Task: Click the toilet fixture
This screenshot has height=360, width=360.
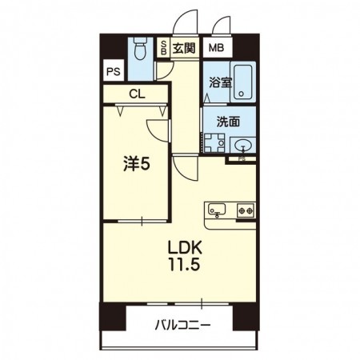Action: click(x=141, y=49)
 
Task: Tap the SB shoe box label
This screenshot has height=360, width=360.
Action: click(x=164, y=47)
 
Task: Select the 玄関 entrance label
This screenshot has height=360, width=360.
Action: click(x=184, y=48)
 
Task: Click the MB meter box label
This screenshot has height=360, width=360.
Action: click(x=216, y=48)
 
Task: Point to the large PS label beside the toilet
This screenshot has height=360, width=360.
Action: click(x=114, y=71)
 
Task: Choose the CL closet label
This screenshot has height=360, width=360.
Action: click(x=137, y=94)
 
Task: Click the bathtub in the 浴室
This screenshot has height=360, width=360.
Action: click(x=242, y=82)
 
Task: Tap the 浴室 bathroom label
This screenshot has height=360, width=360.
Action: click(x=220, y=82)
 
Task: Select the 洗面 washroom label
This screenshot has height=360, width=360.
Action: click(x=228, y=122)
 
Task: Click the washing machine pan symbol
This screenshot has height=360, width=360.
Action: click(x=214, y=143)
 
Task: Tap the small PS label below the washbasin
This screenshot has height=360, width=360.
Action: click(x=242, y=159)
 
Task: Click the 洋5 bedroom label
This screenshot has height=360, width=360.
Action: click(x=137, y=164)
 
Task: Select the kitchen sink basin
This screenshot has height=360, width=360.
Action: click(x=217, y=209)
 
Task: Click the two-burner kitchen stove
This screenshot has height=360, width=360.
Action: click(x=246, y=210)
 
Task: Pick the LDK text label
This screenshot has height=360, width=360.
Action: click(x=185, y=248)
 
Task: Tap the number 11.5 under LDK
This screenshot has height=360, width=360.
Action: click(x=184, y=265)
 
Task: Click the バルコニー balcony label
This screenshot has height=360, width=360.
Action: click(x=183, y=325)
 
